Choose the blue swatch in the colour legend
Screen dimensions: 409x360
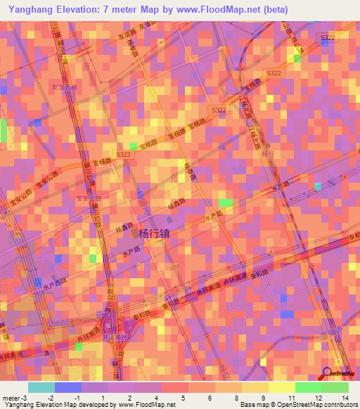click(67, 387)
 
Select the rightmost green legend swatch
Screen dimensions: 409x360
click(335, 387)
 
